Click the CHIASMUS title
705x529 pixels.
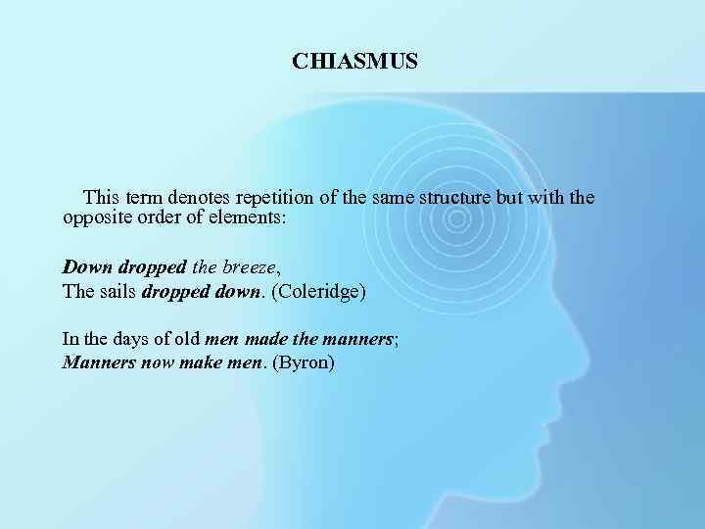pyautogui.click(x=354, y=62)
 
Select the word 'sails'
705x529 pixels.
pyautogui.click(x=117, y=291)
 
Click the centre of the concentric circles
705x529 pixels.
pyautogui.click(x=453, y=217)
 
